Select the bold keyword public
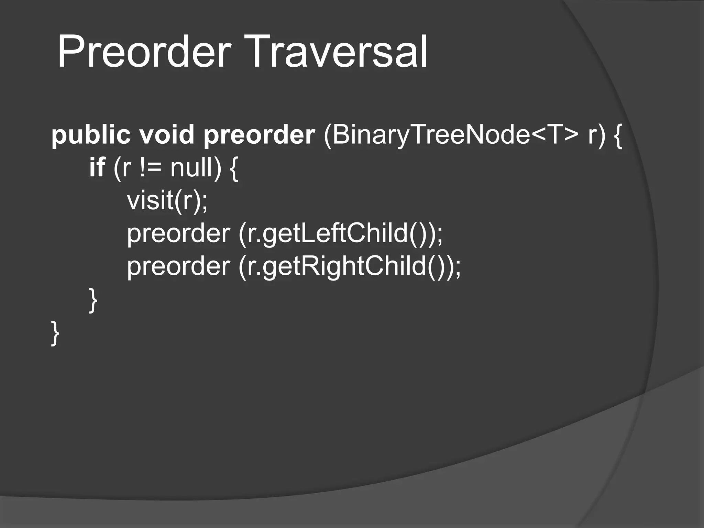pos(91,135)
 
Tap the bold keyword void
pos(167,134)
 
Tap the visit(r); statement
pos(167,201)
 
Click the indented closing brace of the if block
pos(93,300)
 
